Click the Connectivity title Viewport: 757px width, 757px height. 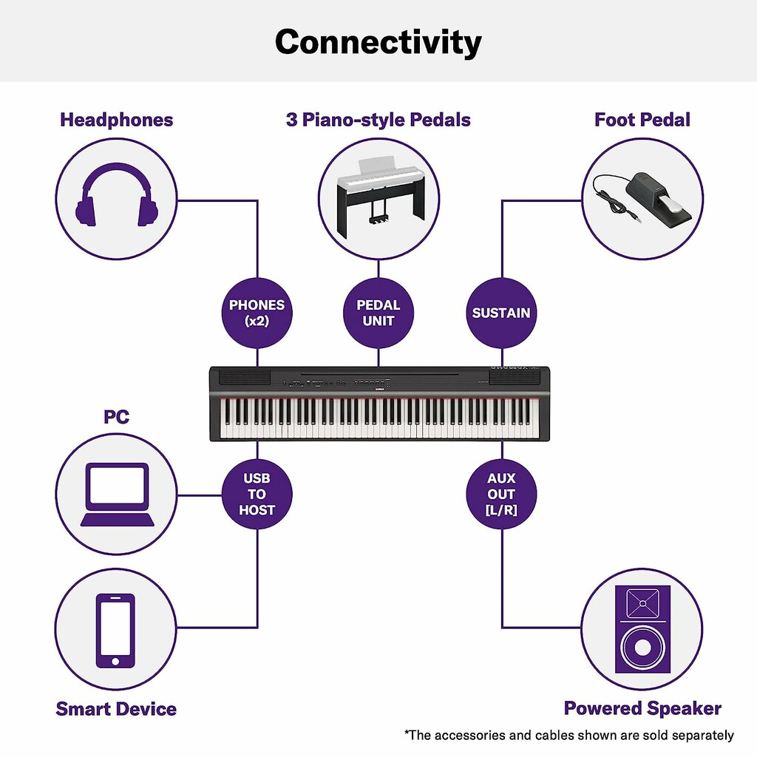tap(378, 42)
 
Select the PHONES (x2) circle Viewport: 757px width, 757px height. tap(257, 313)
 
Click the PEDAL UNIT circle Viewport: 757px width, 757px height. tap(378, 313)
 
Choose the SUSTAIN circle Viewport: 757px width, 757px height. tap(501, 313)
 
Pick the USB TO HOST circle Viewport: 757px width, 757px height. tap(257, 494)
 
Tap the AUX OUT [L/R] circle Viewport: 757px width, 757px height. tap(501, 494)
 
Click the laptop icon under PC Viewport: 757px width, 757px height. tap(117, 495)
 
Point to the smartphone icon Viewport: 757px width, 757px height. tap(115, 631)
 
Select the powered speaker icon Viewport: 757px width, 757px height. tap(642, 629)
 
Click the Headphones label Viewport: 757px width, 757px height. tap(116, 120)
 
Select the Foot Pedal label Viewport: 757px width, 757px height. tap(642, 120)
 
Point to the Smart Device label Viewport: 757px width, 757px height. tap(116, 709)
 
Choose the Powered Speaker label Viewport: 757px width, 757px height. tap(642, 708)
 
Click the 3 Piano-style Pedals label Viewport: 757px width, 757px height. tap(378, 120)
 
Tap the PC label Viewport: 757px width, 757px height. tap(116, 416)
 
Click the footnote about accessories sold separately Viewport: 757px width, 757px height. tap(569, 736)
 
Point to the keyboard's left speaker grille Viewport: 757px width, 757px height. tap(245, 378)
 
